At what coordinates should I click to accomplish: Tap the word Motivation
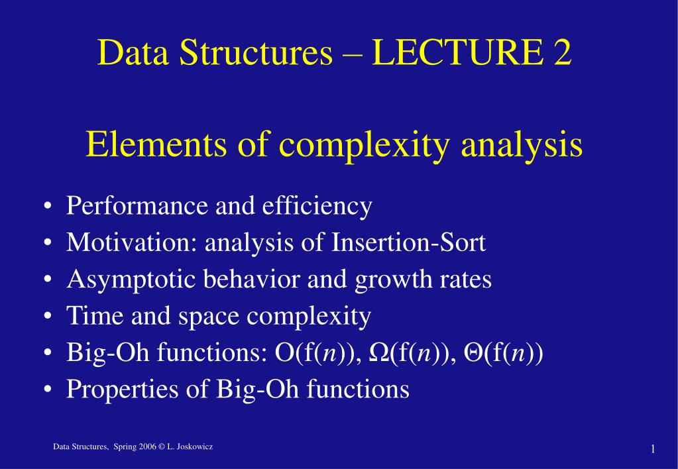point(127,243)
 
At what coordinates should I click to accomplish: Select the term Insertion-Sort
point(407,243)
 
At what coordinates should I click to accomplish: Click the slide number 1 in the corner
point(653,450)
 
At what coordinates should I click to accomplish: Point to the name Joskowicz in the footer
point(196,448)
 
